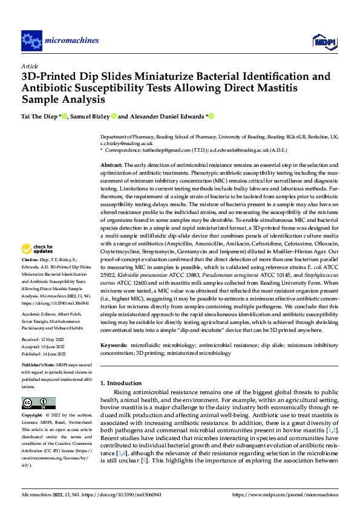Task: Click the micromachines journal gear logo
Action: [31, 41]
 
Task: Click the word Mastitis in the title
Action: [277, 88]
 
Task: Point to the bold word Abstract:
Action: [113, 165]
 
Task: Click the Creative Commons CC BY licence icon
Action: [39, 403]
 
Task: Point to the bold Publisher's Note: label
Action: [41, 366]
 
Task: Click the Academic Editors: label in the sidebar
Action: [41, 316]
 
